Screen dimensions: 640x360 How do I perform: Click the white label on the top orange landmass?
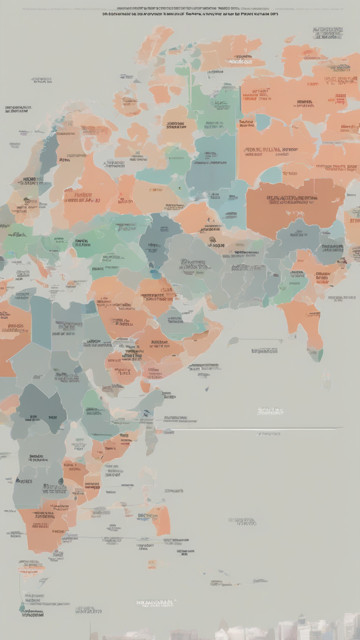pos(240,61)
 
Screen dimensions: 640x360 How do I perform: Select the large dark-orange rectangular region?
pos(295,202)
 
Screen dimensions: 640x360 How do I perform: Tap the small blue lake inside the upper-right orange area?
pos(263,122)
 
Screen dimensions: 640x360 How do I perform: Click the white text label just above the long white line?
pos(270,411)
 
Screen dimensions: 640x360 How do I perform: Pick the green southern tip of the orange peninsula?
pos(315,354)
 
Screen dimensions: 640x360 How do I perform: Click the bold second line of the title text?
pos(190,14)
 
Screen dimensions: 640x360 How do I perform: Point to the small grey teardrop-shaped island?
pos(233,342)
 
